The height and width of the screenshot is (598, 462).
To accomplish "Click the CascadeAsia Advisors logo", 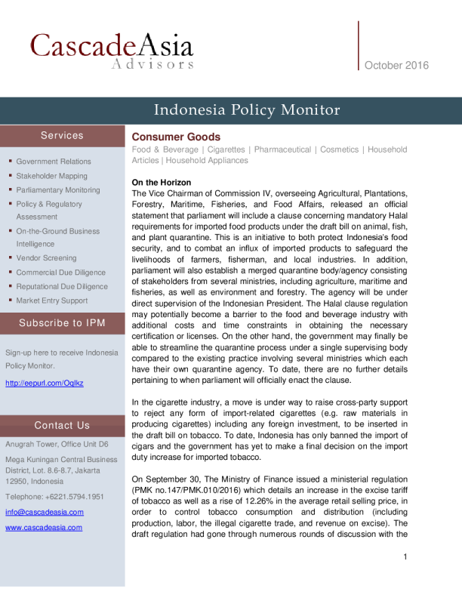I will click(x=112, y=50).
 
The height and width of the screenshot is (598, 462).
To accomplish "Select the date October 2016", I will click(x=396, y=66).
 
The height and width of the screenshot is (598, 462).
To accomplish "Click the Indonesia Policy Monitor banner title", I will click(x=247, y=110).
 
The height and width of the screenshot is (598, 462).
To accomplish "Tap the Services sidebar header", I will click(x=62, y=136).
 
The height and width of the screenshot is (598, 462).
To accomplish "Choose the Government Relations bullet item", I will click(x=54, y=162).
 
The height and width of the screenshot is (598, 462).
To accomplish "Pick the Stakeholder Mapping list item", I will click(x=51, y=176).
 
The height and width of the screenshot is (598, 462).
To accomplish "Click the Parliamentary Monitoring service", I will click(x=58, y=190).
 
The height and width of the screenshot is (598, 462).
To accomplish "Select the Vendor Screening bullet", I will click(x=46, y=258).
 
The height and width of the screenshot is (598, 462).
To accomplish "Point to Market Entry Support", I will click(x=52, y=301).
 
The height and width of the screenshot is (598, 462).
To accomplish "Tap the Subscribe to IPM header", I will click(x=62, y=323).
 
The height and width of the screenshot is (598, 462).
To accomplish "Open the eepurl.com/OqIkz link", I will click(x=44, y=384).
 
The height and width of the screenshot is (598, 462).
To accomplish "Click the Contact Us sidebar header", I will click(x=62, y=426).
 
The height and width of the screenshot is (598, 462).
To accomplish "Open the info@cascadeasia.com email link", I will click(x=45, y=512).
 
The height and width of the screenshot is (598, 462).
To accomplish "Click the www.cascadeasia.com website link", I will click(x=44, y=528).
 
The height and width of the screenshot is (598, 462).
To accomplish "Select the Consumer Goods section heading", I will click(x=176, y=137).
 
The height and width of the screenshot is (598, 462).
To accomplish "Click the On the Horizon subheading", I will click(x=162, y=183).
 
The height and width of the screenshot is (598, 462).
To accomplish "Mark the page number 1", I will click(x=405, y=558).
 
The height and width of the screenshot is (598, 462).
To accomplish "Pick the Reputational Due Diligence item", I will click(x=62, y=287).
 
